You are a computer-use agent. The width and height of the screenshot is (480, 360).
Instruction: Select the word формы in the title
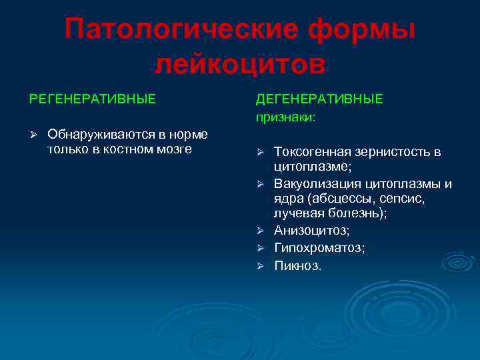coord(360,31)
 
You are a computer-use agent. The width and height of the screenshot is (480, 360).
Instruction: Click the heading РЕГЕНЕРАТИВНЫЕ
coord(92,99)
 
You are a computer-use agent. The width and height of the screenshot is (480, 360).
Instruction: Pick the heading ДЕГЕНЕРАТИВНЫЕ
coord(319,99)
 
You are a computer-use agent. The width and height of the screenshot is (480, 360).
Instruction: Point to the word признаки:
coord(285,117)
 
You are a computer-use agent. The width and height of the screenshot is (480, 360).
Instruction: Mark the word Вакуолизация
coord(317,183)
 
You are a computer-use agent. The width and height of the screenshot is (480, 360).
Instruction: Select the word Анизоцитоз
coord(311,230)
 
